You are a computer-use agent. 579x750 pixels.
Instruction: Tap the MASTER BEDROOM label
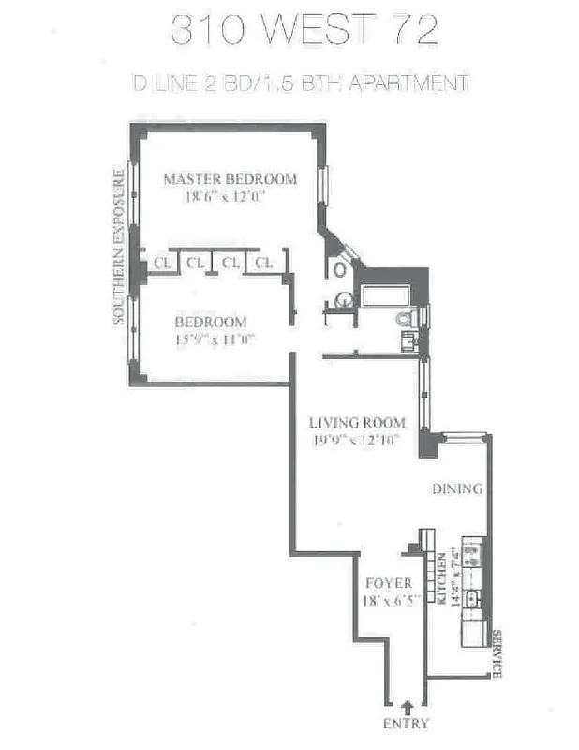(230, 179)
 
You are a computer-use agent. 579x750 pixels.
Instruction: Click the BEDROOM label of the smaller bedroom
(211, 322)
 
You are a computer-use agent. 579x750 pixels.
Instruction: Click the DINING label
(456, 489)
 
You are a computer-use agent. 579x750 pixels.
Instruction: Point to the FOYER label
(389, 583)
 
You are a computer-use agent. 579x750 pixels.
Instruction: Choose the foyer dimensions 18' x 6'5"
(389, 601)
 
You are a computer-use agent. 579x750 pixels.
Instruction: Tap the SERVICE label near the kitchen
(497, 653)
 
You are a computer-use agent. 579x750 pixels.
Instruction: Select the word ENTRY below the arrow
(406, 723)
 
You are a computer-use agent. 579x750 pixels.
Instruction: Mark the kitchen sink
(472, 597)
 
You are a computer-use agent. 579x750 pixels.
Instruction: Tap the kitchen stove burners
(472, 556)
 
